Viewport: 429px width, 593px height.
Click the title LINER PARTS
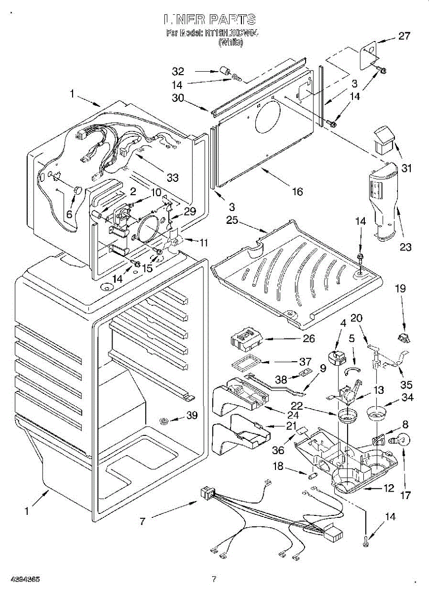(210, 20)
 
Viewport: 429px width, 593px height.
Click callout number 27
(404, 36)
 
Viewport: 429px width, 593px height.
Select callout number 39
(192, 416)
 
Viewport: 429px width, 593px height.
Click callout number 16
(297, 192)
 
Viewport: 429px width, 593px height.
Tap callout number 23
(405, 247)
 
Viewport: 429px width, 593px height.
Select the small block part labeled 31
(385, 139)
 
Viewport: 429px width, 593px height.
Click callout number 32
(178, 71)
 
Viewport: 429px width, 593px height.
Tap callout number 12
(389, 488)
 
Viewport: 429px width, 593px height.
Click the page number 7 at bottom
(214, 578)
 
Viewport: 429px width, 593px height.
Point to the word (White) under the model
(231, 43)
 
